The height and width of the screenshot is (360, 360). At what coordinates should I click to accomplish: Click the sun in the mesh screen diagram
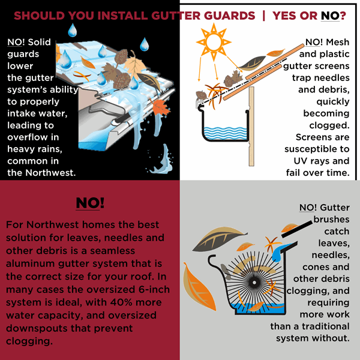tap(214, 42)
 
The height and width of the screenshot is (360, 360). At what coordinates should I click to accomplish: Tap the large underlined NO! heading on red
tap(90, 203)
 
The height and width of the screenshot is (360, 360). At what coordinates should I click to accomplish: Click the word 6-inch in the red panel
tap(154, 289)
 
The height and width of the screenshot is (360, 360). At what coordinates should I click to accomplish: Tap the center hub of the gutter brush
tap(254, 283)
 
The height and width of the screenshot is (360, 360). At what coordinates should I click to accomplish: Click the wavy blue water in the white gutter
tap(226, 133)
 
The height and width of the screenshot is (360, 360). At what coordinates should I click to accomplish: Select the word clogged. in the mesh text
tap(329, 125)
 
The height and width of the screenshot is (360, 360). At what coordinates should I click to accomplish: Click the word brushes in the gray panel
tap(331, 219)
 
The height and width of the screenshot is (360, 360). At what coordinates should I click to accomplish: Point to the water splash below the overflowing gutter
tap(161, 161)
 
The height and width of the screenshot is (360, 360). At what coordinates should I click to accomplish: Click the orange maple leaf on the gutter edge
tap(160, 107)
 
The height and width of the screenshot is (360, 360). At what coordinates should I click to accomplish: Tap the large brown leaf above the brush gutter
tap(219, 239)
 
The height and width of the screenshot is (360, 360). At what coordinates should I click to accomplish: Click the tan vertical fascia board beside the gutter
tap(251, 126)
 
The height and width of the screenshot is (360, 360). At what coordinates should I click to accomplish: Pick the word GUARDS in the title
tap(229, 16)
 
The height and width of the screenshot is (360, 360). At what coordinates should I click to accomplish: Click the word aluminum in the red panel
tap(31, 263)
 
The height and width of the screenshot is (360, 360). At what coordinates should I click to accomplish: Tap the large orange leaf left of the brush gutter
tap(199, 287)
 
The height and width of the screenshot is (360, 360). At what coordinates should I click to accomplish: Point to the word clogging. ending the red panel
tap(29, 341)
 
